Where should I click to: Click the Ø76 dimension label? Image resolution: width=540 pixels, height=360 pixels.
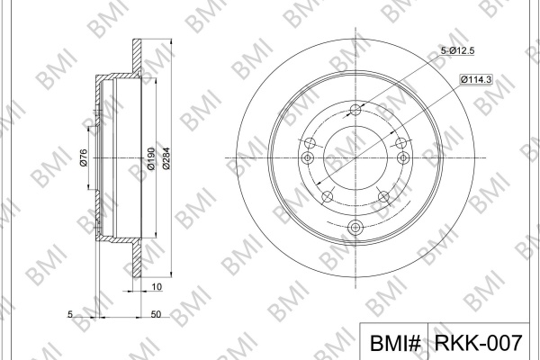(x=84, y=157)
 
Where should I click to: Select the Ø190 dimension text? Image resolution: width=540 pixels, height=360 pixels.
(x=150, y=158)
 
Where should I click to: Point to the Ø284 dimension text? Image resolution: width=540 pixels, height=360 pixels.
(x=166, y=158)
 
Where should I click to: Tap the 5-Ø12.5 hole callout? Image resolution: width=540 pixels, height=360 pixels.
(x=458, y=50)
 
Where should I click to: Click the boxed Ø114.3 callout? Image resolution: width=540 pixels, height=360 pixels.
(x=476, y=79)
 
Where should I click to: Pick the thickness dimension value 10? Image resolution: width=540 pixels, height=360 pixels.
(x=157, y=286)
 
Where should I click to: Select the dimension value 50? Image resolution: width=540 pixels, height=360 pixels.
(x=156, y=314)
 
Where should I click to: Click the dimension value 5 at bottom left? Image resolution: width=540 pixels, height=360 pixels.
(x=70, y=314)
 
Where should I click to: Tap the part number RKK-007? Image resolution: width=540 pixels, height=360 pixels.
(x=479, y=343)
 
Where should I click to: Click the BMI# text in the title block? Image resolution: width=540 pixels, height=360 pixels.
(x=395, y=343)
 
